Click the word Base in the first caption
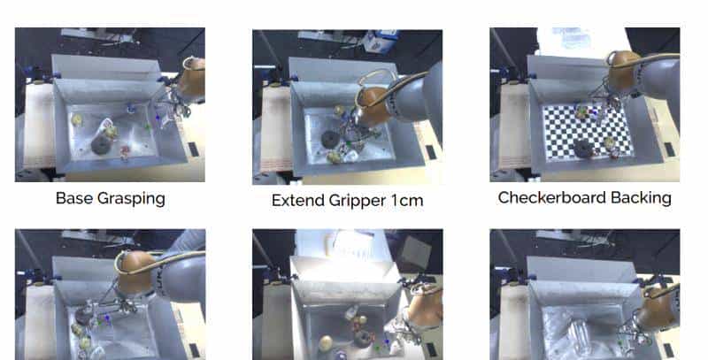coord(74,198)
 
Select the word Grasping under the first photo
coord(131,199)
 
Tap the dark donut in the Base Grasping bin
coord(101,144)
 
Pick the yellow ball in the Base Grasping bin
coord(77,119)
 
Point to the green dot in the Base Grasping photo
coord(148,127)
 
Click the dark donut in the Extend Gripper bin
coord(331,139)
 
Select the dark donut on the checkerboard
coord(583,149)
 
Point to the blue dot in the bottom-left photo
coord(107,319)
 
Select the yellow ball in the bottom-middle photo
coord(326,344)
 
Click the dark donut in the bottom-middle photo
coord(363,340)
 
